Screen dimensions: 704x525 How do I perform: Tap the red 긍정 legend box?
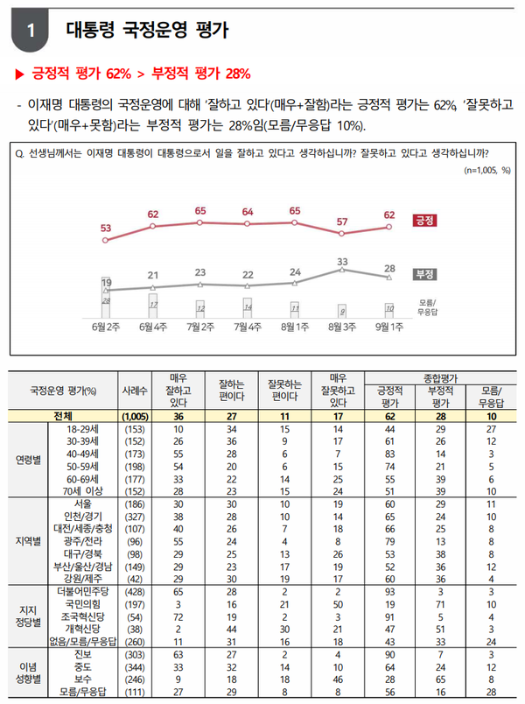[424, 218]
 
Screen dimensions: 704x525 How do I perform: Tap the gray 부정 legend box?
[424, 273]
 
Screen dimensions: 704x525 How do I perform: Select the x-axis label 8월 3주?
[341, 327]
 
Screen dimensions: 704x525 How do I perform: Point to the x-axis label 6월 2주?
[106, 327]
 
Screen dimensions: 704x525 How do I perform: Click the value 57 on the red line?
[342, 222]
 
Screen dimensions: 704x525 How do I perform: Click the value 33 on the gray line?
[343, 261]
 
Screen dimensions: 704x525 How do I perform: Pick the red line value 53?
[106, 228]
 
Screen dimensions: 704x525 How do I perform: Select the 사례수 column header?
[134, 390]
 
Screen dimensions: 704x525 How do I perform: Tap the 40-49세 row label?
[83, 454]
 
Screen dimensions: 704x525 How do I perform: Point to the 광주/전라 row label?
[83, 541]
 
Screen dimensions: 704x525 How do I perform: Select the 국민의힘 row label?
[83, 603]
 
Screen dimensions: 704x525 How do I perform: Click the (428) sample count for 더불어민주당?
[134, 591]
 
